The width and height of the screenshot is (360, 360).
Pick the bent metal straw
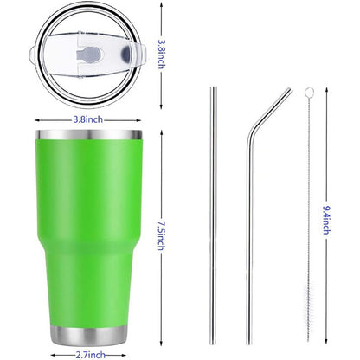[251, 225]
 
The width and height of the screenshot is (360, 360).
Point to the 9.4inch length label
[326, 215]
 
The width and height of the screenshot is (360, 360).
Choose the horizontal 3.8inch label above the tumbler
[90, 119]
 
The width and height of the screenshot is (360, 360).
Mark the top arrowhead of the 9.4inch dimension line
[326, 88]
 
